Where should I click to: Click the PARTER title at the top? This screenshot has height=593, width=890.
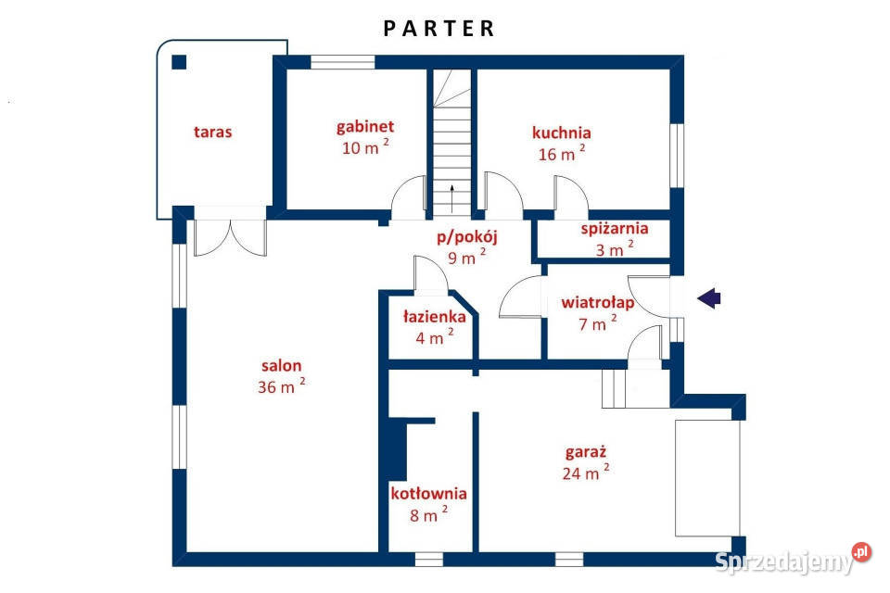point(439,29)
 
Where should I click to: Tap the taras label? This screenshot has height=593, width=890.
point(213,132)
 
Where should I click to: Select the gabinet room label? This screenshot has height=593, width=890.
point(365,127)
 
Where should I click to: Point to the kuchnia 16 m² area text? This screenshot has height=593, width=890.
point(562,154)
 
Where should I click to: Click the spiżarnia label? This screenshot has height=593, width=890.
point(614,229)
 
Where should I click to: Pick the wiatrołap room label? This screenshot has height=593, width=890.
point(598,302)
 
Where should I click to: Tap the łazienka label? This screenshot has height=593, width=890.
point(434,317)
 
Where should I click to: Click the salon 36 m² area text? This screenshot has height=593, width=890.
point(281,386)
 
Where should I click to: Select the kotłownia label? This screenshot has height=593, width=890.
point(428,493)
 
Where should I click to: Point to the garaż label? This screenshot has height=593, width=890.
point(586,452)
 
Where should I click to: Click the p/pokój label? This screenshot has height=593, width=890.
point(466,236)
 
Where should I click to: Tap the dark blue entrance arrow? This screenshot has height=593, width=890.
point(709,297)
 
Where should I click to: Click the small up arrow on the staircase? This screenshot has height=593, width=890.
point(451,198)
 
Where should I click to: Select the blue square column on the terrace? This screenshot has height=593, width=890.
point(179,62)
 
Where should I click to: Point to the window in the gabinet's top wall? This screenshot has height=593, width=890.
point(342,62)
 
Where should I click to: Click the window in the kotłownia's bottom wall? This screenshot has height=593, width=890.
point(428,560)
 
